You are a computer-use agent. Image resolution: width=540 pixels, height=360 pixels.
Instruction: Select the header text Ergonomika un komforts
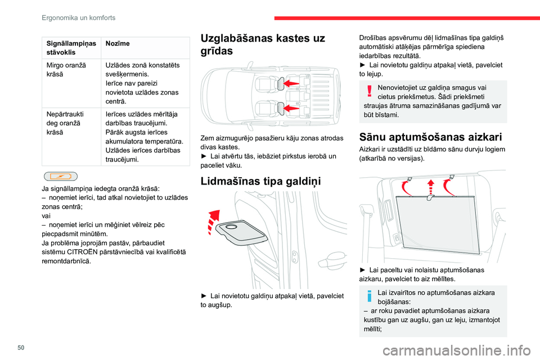(78, 17)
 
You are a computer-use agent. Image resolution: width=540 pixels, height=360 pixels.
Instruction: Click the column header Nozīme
(117, 43)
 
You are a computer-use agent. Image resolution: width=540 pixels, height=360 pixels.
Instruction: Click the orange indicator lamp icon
(60, 176)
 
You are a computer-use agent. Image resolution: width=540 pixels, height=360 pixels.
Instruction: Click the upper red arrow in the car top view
(290, 84)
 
